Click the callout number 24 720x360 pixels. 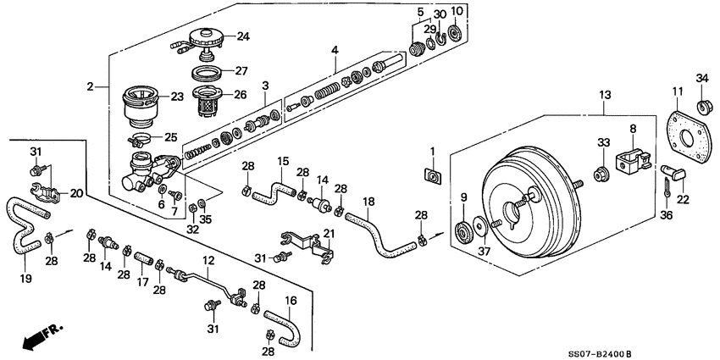coord(243,36)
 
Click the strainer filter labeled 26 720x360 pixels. coord(204,101)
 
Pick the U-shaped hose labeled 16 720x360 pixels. coord(282,326)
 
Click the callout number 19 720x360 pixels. coord(26,278)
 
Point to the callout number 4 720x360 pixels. coord(335,51)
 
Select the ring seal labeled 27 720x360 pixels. coord(203,71)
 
